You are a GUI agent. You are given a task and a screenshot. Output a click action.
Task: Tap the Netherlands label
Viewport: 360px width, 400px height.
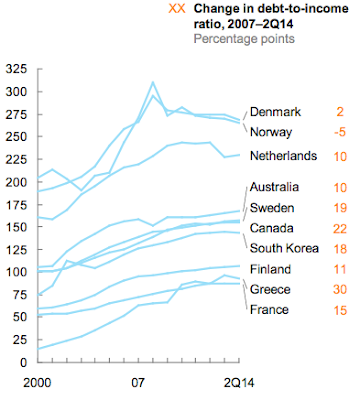[284, 155]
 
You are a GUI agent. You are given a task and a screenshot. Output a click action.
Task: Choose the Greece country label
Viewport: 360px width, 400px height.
[271, 290]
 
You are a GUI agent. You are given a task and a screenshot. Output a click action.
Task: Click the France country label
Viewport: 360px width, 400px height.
[271, 310]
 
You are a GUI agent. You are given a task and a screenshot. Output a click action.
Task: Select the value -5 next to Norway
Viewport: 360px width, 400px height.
[338, 131]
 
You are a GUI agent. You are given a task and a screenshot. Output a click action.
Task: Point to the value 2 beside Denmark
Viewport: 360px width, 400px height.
[341, 112]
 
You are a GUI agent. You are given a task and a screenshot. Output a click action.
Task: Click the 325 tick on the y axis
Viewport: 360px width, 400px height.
[17, 71]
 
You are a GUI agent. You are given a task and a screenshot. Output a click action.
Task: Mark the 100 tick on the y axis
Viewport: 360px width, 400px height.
[17, 272]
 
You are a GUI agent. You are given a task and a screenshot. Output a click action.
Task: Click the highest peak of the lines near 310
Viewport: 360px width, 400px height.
[153, 83]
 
